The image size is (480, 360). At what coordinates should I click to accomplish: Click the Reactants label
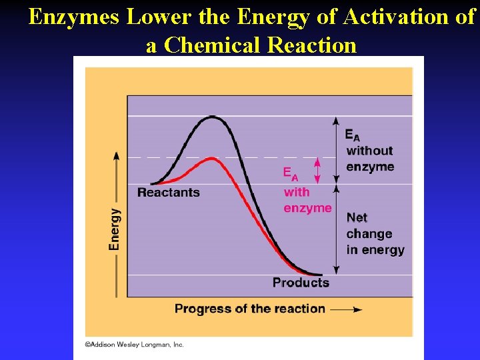click(168, 193)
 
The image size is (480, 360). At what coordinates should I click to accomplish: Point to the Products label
click(301, 283)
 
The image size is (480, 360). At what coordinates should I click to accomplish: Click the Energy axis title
click(115, 229)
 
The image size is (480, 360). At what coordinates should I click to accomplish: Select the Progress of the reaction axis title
click(249, 309)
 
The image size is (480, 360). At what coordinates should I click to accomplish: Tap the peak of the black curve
click(213, 117)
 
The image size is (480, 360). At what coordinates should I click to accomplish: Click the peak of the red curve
click(211, 159)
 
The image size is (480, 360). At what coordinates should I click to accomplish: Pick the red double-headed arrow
click(317, 171)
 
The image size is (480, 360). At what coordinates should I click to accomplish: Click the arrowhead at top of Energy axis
click(117, 155)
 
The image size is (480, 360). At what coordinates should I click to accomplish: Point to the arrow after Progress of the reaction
click(347, 309)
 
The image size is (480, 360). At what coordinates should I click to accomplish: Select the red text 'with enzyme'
click(307, 200)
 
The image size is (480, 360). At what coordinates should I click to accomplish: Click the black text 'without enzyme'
click(369, 159)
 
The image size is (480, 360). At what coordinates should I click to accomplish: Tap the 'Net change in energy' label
click(375, 233)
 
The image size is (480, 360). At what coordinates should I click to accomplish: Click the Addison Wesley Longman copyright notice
click(134, 345)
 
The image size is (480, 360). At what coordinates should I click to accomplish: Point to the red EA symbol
click(291, 174)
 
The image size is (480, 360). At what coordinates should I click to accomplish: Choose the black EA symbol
click(352, 135)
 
